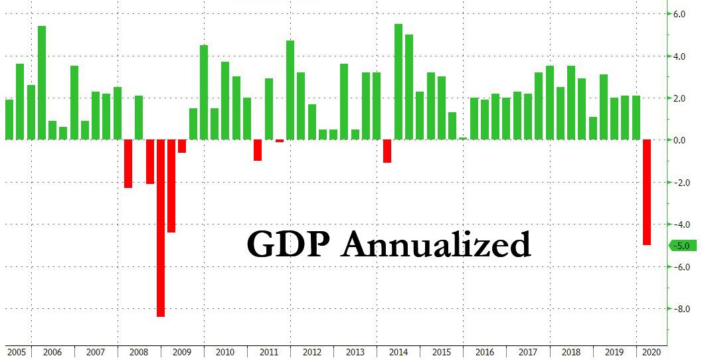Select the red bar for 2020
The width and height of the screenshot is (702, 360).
(x=647, y=193)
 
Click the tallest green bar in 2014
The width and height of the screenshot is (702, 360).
(x=398, y=82)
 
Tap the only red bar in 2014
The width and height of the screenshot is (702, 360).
(x=387, y=151)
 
